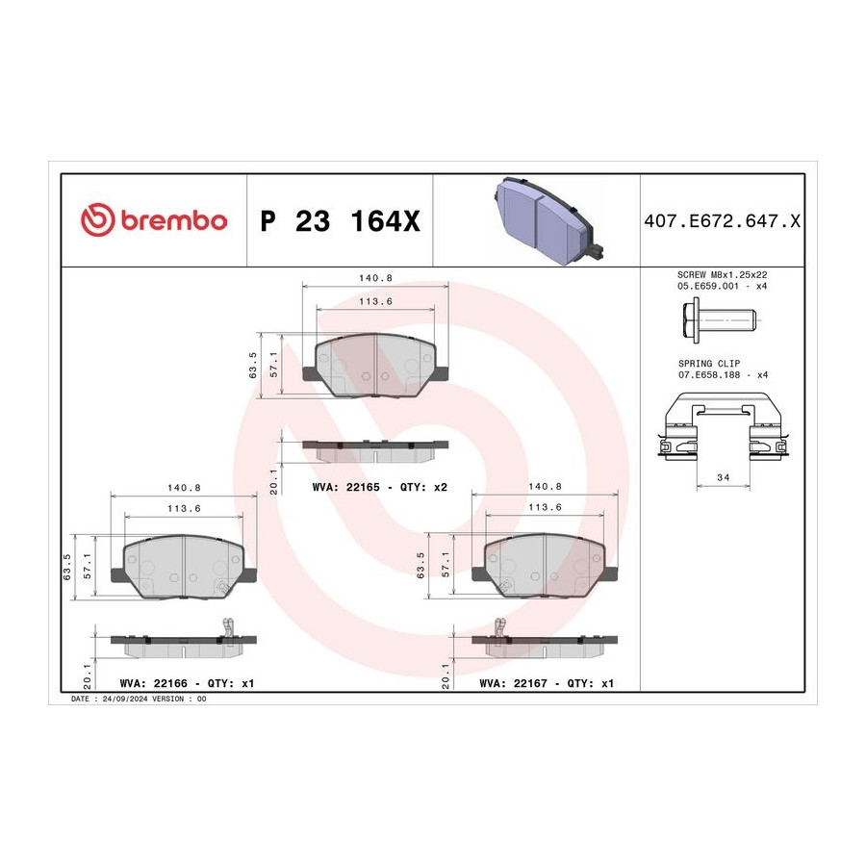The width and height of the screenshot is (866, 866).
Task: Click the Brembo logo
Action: tap(154, 219)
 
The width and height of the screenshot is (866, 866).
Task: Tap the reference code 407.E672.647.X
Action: tap(722, 221)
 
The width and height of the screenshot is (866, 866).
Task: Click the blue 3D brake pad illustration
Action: tap(548, 221)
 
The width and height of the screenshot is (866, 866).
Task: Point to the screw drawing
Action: tap(718, 319)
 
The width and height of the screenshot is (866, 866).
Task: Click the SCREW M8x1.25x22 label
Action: tap(722, 274)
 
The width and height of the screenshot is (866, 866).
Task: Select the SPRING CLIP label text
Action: tap(709, 364)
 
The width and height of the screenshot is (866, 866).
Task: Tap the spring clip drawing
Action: tap(723, 426)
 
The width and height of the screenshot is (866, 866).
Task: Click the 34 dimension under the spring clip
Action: tap(723, 477)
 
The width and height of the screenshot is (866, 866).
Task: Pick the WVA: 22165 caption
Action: tap(345, 487)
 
